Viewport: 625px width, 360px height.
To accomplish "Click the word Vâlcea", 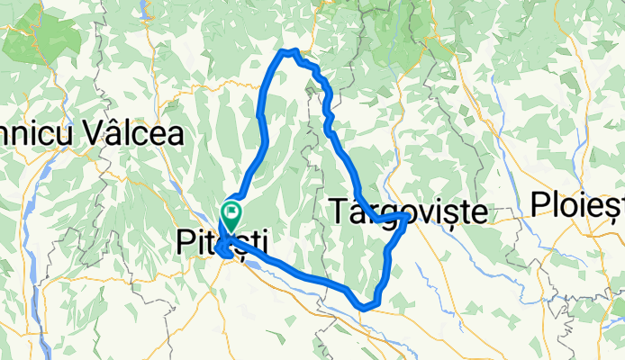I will [x=134, y=134].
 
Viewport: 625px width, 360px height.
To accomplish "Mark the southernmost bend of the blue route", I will [x=365, y=307].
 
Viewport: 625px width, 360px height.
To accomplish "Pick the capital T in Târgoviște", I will [x=337, y=212].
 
